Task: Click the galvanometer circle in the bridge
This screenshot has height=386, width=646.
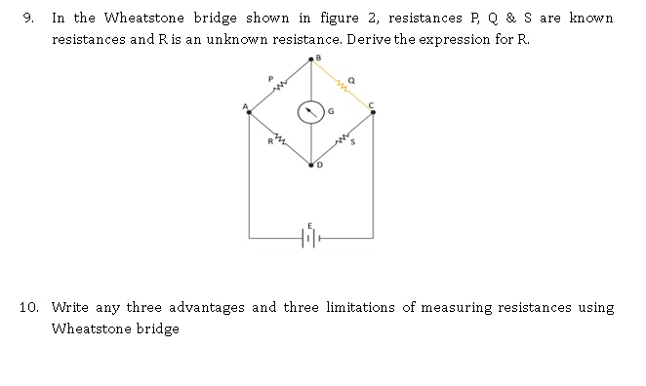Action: (x=311, y=113)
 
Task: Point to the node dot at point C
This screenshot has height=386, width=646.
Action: (x=373, y=113)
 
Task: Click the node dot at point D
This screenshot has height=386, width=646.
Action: (x=311, y=166)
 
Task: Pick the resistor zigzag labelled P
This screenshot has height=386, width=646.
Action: (x=280, y=87)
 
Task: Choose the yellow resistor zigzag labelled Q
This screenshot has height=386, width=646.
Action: (x=343, y=87)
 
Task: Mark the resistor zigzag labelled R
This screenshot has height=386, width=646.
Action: (x=279, y=140)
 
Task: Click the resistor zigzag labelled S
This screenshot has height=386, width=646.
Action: (x=343, y=141)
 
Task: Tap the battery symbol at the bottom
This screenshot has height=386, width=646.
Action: (x=310, y=237)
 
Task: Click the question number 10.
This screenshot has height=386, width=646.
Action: (x=28, y=308)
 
